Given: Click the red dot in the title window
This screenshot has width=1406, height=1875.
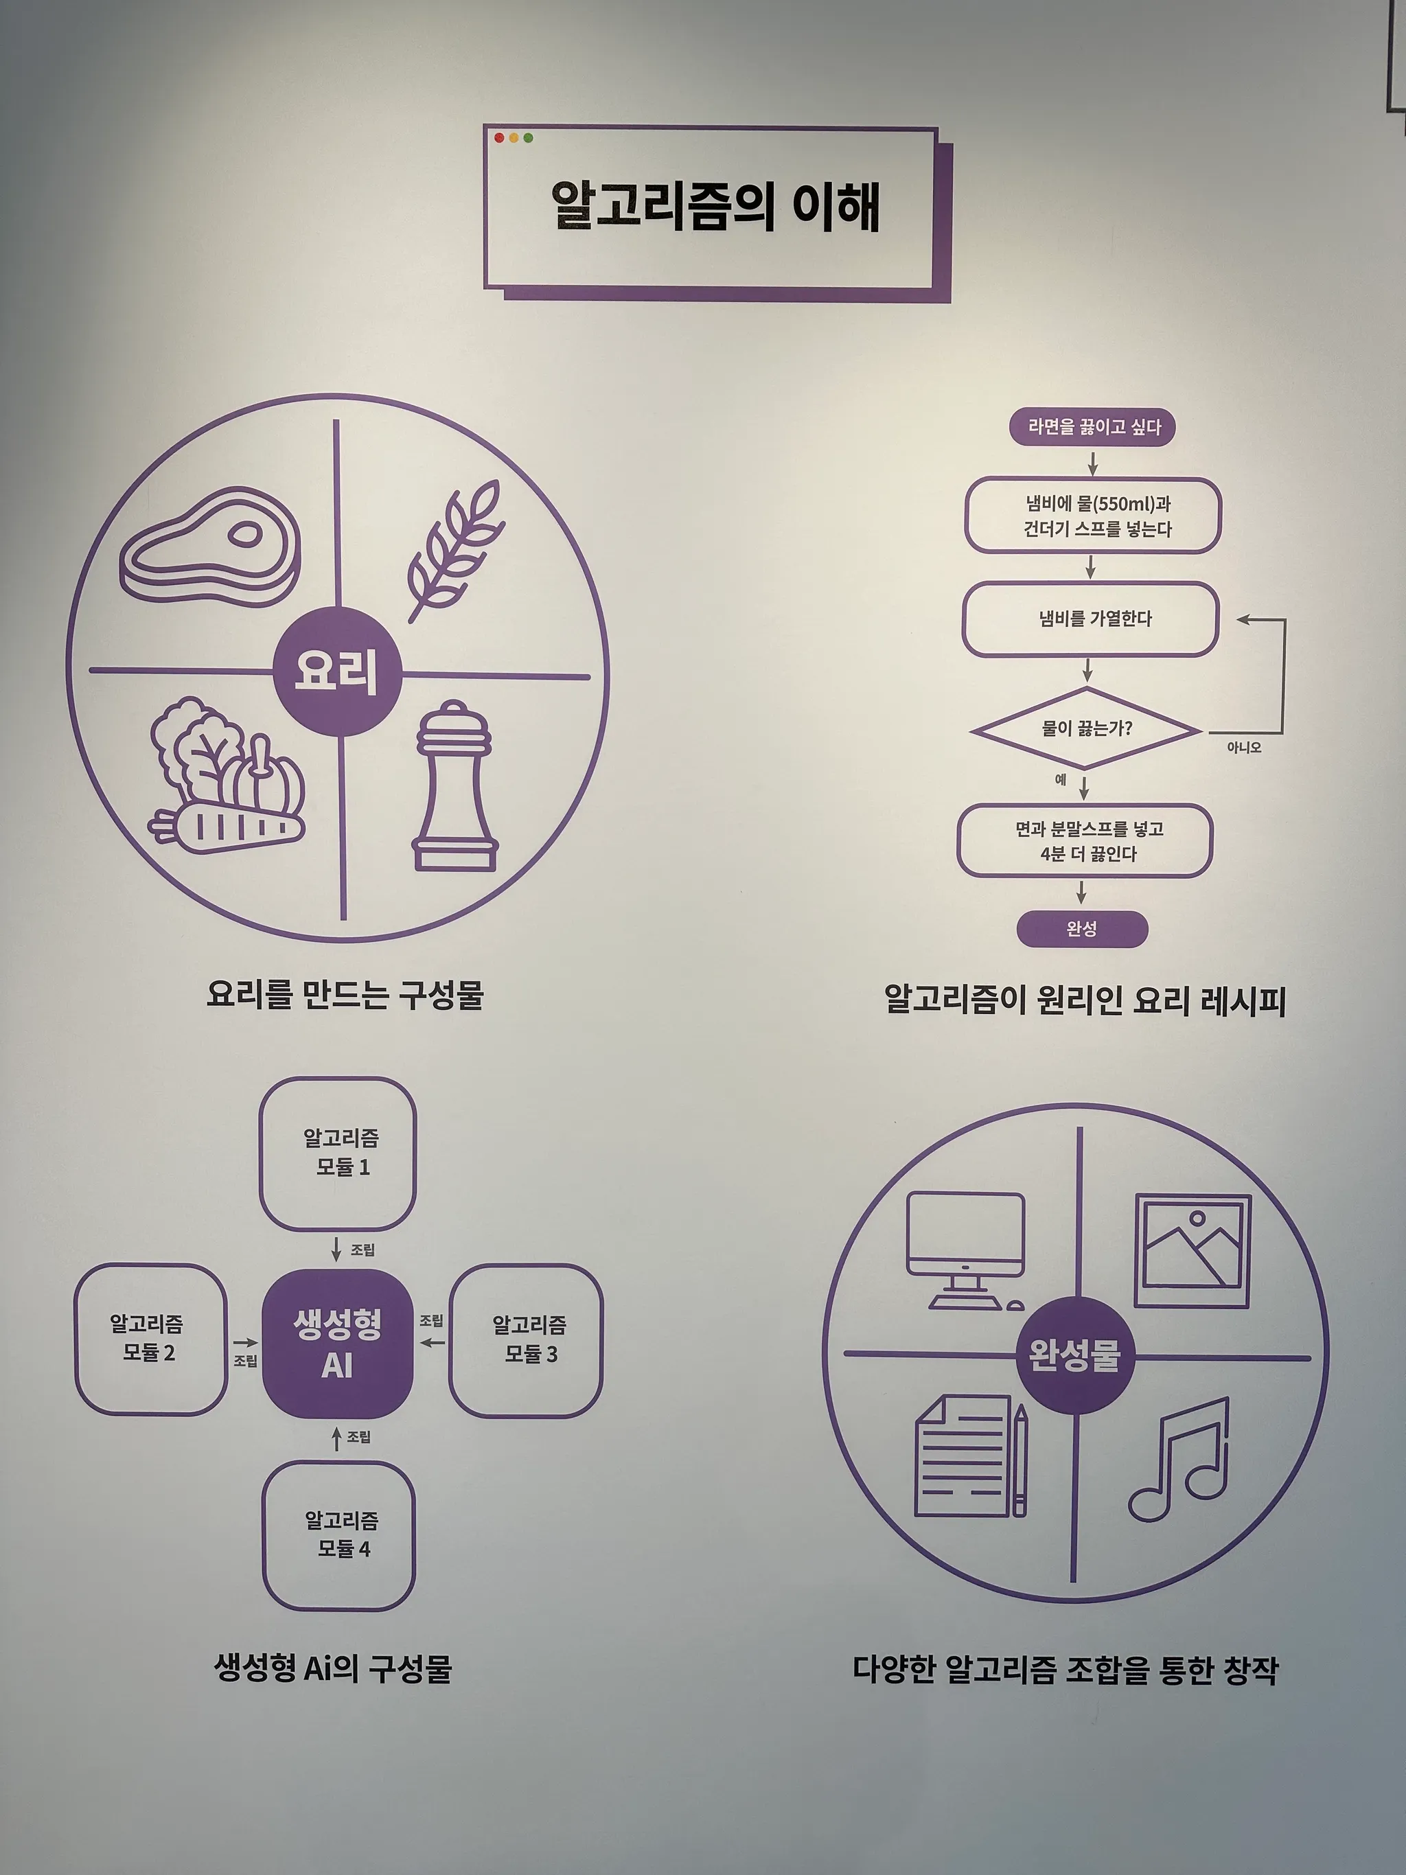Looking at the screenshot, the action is (499, 137).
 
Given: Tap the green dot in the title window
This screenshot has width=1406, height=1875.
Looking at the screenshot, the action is (528, 137).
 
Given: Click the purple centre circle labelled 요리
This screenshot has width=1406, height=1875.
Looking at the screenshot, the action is (336, 671).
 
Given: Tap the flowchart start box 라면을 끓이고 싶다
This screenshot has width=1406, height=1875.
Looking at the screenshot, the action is (1092, 427).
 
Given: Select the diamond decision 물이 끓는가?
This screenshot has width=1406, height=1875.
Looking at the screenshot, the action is (1087, 729).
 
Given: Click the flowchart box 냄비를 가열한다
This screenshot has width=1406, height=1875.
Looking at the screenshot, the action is (1091, 619).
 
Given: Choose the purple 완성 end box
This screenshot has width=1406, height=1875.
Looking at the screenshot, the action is (1082, 929).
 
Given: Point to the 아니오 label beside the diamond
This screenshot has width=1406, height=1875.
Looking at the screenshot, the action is (1244, 748).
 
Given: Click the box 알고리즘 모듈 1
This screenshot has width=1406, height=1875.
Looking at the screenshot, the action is (338, 1153).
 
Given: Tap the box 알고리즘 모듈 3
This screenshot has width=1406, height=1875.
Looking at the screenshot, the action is (525, 1339).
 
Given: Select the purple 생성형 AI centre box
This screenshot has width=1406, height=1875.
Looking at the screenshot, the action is (337, 1344).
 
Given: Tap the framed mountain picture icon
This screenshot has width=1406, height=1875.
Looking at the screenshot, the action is (1192, 1250).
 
